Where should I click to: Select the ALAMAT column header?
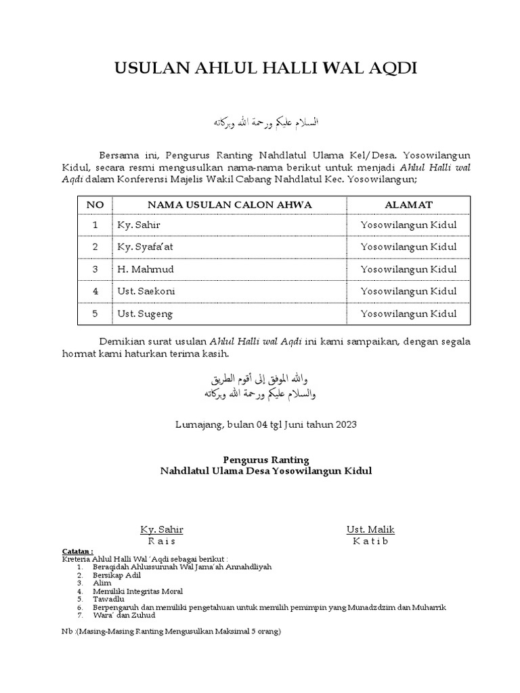[408, 204]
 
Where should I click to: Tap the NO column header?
[95, 204]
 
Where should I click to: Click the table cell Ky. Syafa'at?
[146, 247]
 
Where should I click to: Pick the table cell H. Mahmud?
[146, 269]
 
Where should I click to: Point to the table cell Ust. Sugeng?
[146, 313]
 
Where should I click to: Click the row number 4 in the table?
[95, 291]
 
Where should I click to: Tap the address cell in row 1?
[408, 225]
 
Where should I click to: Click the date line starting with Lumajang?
[265, 424]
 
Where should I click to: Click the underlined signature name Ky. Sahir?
[161, 529]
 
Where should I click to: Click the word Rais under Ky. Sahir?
[161, 541]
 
